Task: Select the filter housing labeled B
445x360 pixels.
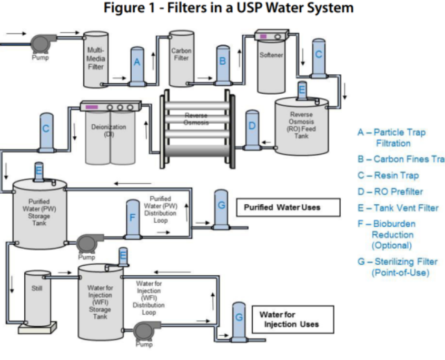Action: click(x=222, y=65)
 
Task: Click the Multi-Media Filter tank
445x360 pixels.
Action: click(x=96, y=59)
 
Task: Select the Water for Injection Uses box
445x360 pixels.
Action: click(x=293, y=319)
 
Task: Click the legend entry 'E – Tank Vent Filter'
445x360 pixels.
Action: click(x=398, y=208)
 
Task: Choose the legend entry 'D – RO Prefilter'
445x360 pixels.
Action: click(x=390, y=192)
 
